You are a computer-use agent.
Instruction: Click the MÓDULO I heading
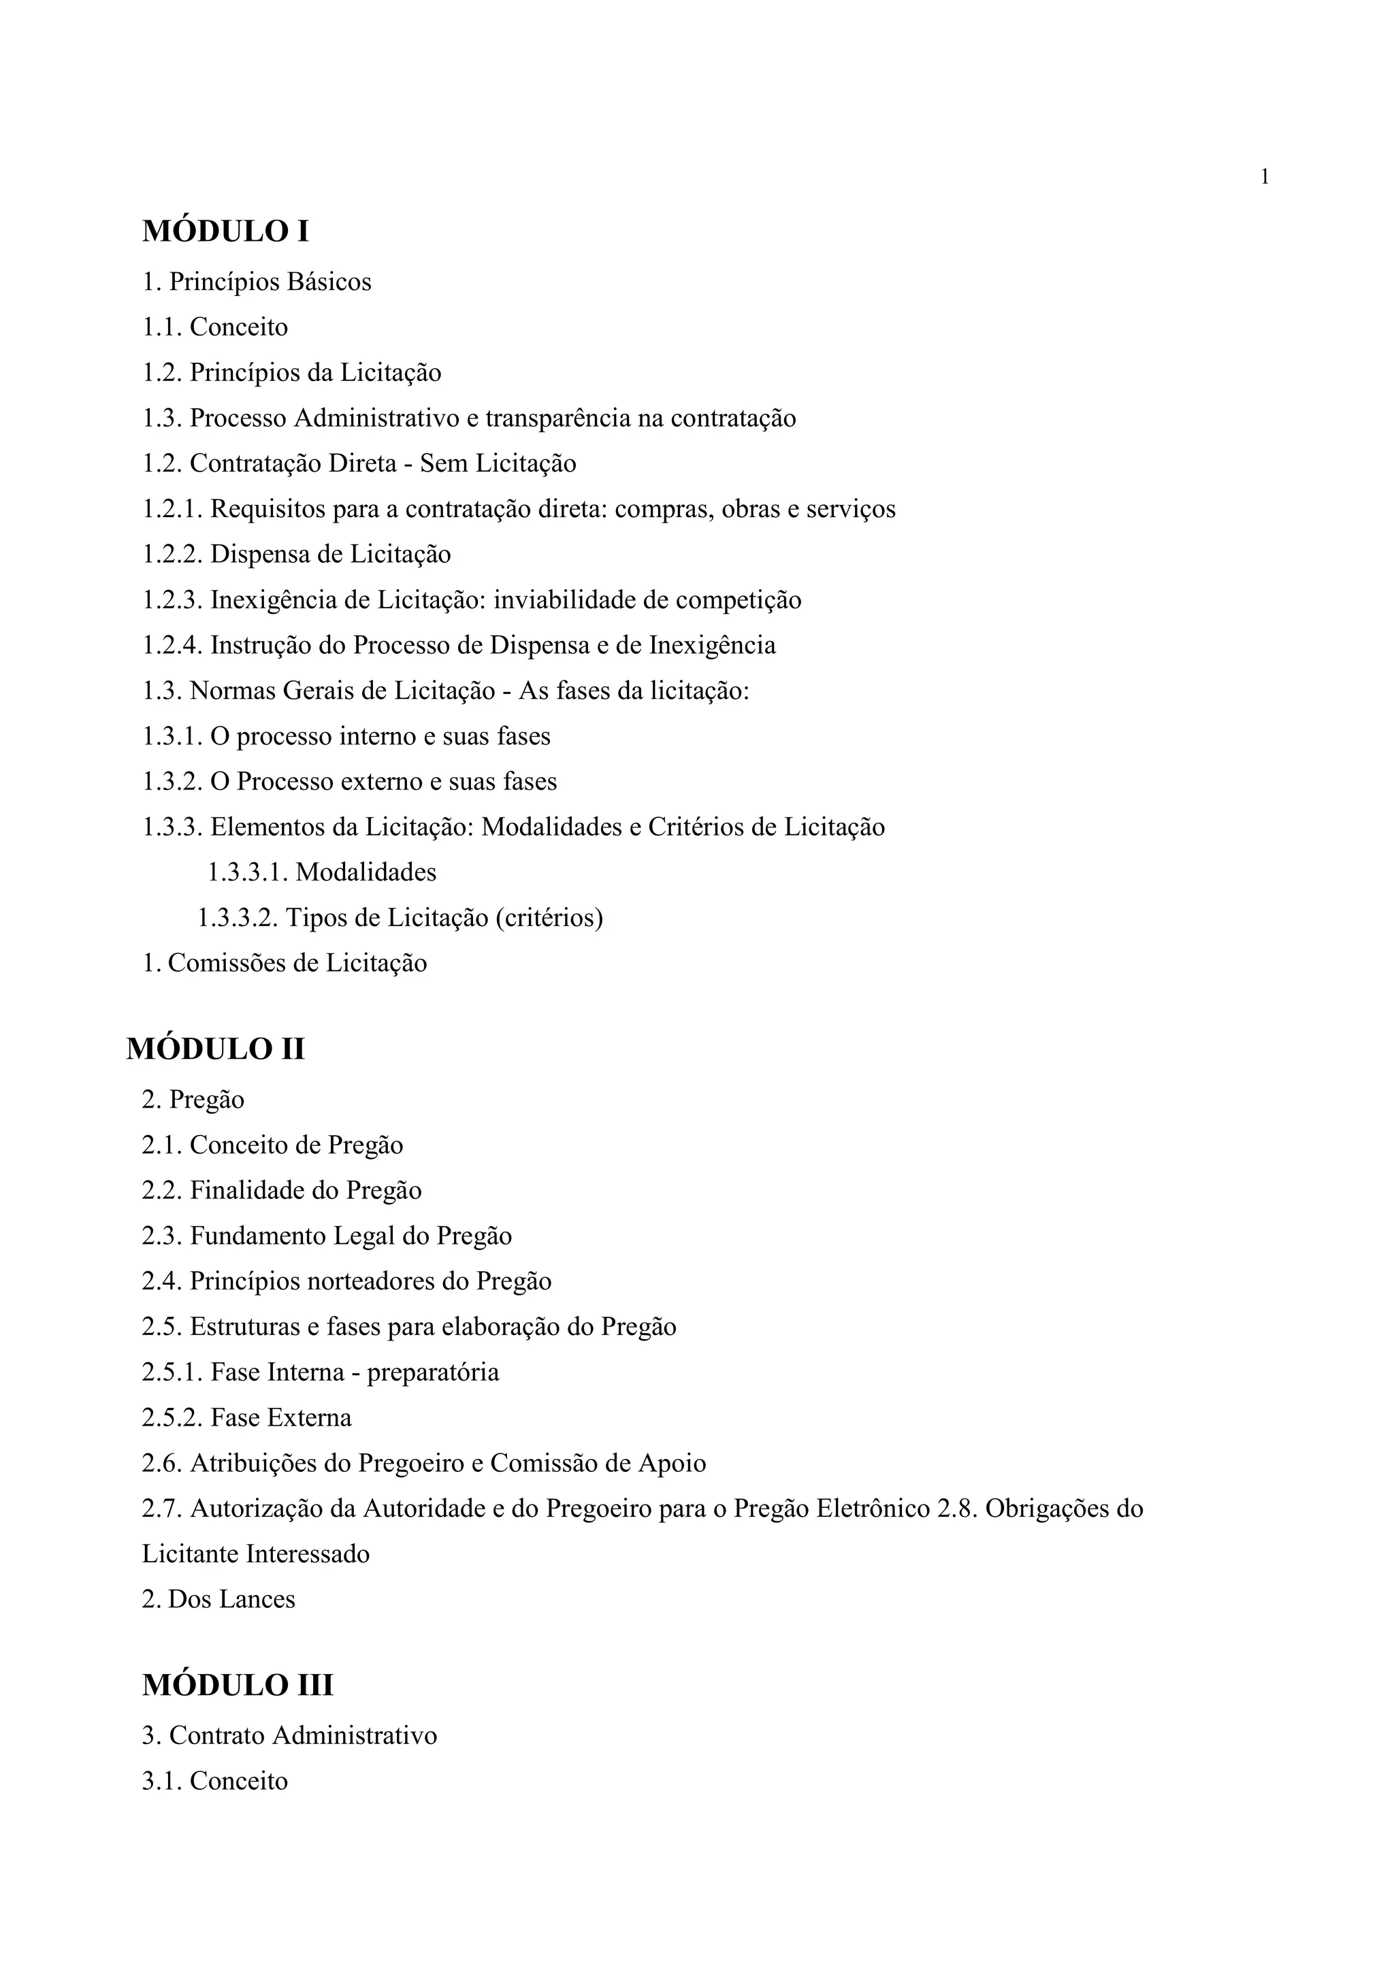pos(225,231)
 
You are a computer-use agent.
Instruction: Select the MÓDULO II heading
pos(216,1049)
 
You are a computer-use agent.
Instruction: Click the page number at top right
pos(1264,177)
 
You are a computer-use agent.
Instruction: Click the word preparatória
pos(433,1373)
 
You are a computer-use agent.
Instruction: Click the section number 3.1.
pos(161,1781)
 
